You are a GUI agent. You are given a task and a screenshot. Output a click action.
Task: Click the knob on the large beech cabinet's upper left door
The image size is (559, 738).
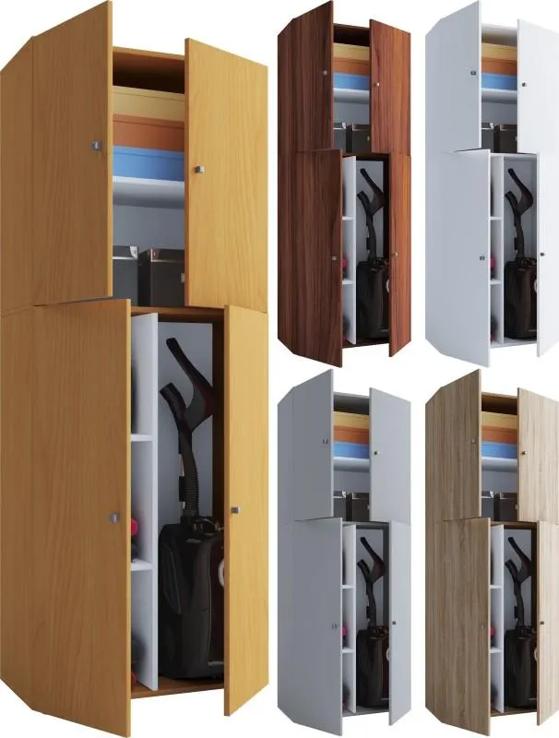96,145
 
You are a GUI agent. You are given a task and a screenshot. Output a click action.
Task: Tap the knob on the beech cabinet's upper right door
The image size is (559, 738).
197,169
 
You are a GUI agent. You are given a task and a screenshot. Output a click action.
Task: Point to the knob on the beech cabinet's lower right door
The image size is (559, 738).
234,509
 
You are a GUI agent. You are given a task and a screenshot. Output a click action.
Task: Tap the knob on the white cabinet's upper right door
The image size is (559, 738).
524,85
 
